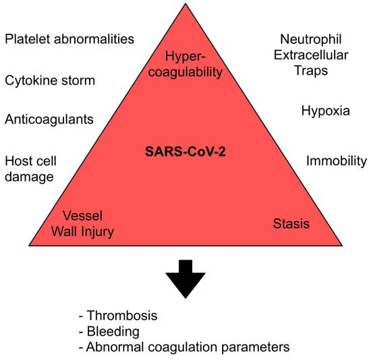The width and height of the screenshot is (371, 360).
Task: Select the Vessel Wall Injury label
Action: [88, 224]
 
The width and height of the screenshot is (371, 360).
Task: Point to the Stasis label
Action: [291, 223]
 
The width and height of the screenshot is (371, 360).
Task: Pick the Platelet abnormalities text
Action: [69, 39]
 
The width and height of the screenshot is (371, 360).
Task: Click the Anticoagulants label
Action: [49, 120]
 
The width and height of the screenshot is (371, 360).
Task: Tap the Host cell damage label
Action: [31, 169]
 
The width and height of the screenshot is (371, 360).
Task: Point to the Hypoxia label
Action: [326, 111]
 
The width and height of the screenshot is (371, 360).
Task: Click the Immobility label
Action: [337, 161]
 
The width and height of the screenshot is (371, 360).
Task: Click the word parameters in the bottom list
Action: [256, 348]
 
